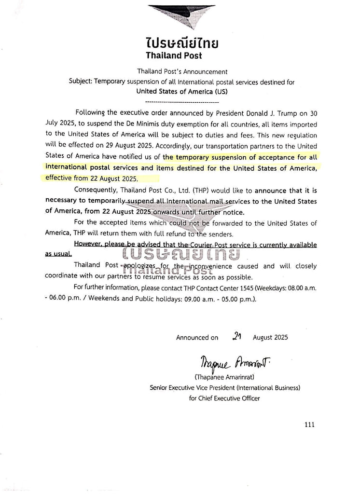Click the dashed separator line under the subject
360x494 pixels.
click(181, 102)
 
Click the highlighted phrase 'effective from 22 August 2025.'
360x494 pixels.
click(91, 178)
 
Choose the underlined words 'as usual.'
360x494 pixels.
click(58, 254)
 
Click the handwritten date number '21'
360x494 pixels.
click(236, 337)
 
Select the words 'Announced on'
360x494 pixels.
click(197, 338)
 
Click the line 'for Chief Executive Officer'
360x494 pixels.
click(225, 398)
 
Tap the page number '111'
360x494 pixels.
click(309, 425)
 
